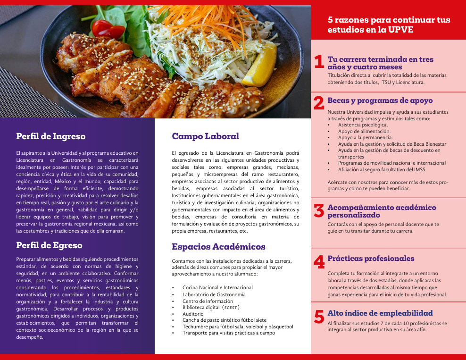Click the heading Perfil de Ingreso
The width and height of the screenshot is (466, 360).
51,136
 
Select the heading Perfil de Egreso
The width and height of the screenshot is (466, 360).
49,245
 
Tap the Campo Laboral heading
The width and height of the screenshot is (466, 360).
205,136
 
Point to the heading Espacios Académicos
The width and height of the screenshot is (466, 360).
218,247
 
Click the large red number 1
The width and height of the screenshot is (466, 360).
319,62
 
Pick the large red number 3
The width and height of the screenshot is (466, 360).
319,211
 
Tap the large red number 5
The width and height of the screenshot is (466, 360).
319,317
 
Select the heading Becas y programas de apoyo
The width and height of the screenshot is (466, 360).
380,100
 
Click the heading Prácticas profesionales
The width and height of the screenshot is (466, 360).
371,259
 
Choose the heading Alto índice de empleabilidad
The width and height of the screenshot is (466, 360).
380,313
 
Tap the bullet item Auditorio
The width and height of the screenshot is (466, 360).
193,314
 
